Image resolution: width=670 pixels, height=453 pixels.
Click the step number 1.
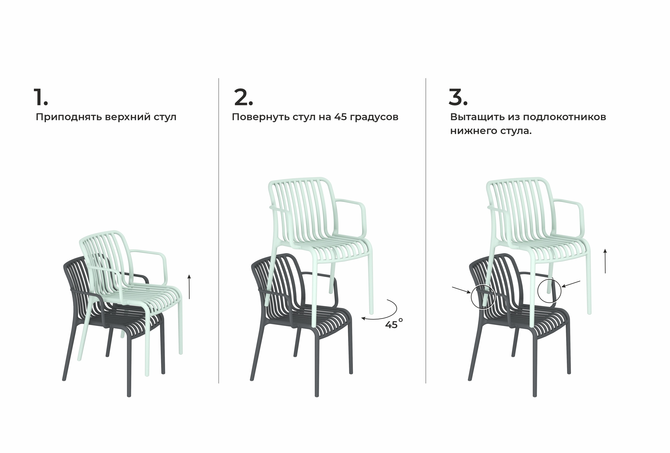[x=41, y=97]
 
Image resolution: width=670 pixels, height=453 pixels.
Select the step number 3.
[x=458, y=97]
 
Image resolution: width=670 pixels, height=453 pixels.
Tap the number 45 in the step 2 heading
[x=341, y=117]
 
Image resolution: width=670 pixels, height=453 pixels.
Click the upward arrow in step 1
[x=189, y=287]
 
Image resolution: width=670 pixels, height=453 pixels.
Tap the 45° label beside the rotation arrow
[x=394, y=324]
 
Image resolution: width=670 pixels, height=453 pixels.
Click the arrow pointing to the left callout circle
[x=461, y=290]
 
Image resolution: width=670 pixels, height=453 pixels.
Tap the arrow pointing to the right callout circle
[x=571, y=284]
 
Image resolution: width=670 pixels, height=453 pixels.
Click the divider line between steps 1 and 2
[x=218, y=231]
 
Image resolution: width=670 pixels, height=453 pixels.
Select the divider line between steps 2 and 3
[x=426, y=231]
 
